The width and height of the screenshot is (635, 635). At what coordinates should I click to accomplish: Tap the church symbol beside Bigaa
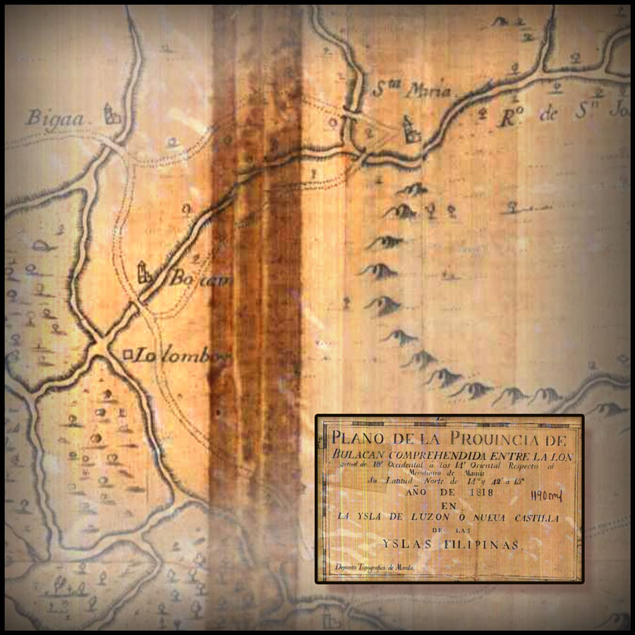110,114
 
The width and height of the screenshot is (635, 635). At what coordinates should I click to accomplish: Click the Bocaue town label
189,278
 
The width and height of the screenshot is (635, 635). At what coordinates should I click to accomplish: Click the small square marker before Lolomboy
127,355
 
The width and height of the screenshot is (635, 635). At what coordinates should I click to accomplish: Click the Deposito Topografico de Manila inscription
374,567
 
